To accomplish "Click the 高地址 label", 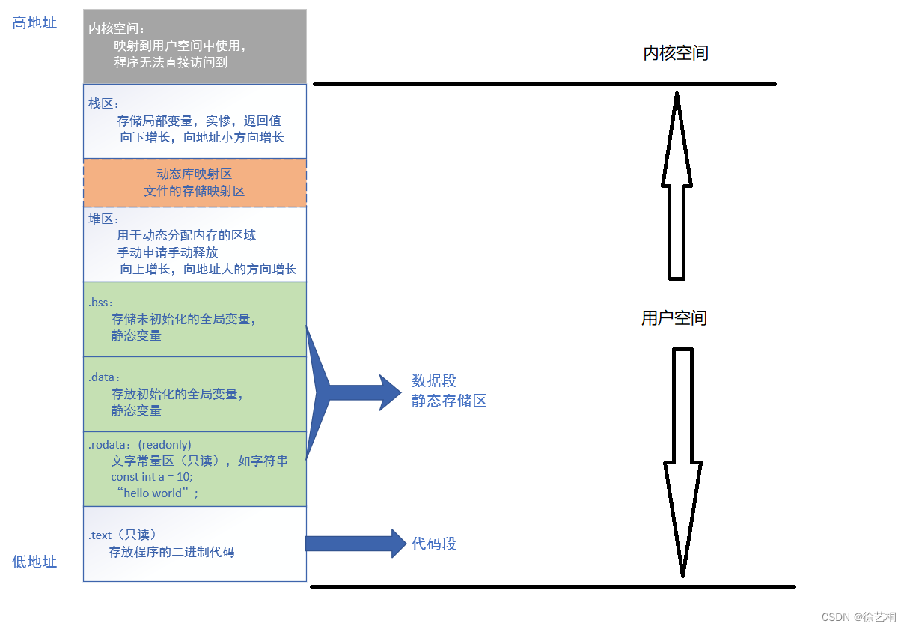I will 34,23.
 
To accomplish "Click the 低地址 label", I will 34,562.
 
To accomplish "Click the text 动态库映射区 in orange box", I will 195,174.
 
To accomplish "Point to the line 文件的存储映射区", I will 195,191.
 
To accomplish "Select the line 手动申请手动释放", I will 168,252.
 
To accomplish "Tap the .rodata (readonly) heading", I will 140,445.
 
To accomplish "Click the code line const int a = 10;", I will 152,477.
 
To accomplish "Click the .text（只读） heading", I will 123,535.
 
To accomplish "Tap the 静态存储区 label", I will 449,401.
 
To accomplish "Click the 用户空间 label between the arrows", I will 674,318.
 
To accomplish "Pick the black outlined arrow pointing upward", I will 677,187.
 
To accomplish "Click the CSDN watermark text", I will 858,617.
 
